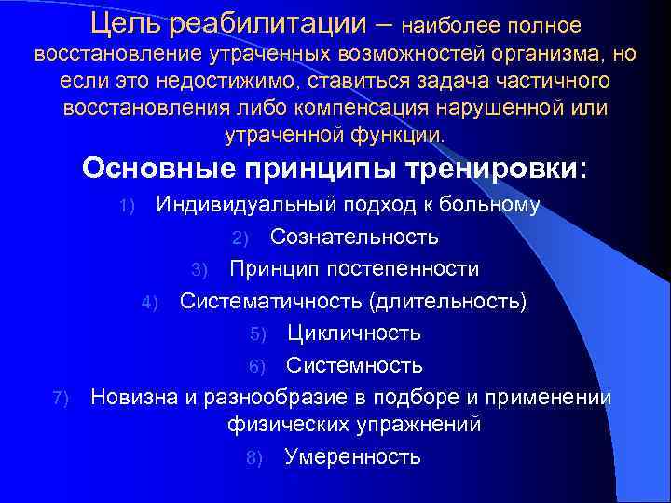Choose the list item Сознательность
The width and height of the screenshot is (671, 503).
(354, 237)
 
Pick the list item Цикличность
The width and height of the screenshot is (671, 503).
(354, 333)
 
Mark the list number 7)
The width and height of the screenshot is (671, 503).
(61, 398)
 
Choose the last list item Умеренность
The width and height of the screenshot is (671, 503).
(352, 456)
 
